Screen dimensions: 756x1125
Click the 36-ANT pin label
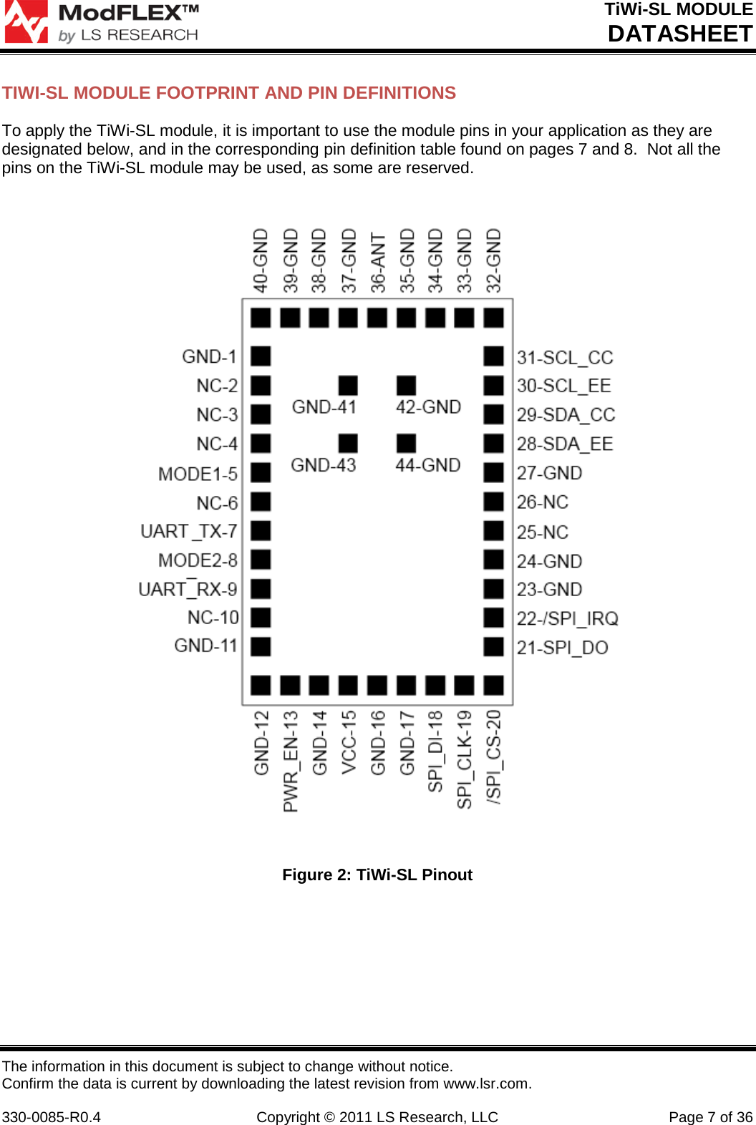tap(378, 262)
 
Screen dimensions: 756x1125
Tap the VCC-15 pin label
tap(349, 741)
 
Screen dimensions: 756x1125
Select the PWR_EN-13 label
tap(291, 761)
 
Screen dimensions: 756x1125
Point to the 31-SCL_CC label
tap(565, 357)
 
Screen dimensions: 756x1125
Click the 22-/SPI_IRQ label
tap(568, 618)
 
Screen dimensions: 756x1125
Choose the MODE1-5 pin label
tap(198, 474)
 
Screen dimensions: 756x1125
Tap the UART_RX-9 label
tap(188, 589)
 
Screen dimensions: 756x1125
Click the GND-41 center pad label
tap(324, 407)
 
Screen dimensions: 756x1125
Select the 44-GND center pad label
tap(428, 465)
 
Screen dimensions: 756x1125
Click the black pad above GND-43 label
tap(348, 443)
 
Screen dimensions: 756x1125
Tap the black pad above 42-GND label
tap(406, 385)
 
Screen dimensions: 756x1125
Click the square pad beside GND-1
tap(261, 356)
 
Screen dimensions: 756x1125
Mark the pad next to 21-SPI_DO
tap(493, 646)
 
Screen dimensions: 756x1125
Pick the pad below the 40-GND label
tap(261, 317)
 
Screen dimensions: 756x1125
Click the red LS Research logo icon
tap(26, 21)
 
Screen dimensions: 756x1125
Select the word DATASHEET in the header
tap(679, 34)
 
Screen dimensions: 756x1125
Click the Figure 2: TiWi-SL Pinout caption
tap(377, 875)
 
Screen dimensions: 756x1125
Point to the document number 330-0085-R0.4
tap(52, 1097)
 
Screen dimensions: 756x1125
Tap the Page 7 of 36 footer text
tap(710, 1097)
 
